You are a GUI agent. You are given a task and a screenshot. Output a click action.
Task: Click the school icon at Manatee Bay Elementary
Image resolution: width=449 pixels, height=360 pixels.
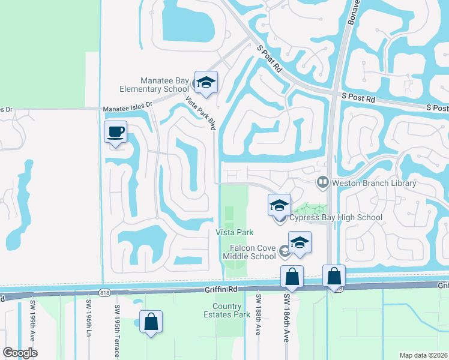tap(206, 83)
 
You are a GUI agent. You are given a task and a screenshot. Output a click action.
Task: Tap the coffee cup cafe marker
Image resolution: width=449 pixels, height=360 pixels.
tap(115, 132)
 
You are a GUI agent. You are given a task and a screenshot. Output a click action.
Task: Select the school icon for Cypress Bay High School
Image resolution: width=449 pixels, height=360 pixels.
tap(279, 206)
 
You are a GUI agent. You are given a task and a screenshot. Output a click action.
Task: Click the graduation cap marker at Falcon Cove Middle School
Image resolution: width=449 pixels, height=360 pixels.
tap(300, 242)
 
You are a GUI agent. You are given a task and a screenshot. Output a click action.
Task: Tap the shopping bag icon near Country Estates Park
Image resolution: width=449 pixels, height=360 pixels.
tap(151, 322)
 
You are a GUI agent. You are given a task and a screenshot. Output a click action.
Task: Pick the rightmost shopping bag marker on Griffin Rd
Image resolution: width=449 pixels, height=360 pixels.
tap(334, 277)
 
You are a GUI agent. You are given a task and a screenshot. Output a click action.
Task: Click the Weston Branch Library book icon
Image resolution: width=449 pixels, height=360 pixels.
tap(323, 181)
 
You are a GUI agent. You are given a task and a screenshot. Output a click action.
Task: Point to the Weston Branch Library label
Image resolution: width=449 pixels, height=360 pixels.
tap(373, 183)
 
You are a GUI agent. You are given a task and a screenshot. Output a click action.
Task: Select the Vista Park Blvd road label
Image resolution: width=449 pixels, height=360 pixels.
tap(200, 113)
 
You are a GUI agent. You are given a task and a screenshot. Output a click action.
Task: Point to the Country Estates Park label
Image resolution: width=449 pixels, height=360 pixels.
tap(231, 311)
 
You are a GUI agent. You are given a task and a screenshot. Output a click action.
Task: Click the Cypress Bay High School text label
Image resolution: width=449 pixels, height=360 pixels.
tap(336, 217)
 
